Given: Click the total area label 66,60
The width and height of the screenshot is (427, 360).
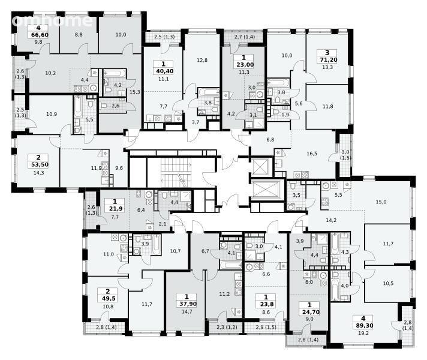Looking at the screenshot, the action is tap(40, 35).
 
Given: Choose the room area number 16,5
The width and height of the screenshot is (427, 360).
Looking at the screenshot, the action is tap(312, 154).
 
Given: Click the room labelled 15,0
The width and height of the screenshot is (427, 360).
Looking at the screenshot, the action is tap(381, 202).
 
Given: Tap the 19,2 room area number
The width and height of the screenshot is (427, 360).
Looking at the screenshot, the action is tap(363, 333).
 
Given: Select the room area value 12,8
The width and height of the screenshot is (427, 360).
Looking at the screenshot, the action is tap(202, 60).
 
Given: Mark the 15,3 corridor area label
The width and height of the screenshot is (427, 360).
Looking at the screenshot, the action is tap(135, 92).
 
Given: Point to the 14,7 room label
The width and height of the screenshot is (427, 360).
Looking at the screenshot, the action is tap(187, 311).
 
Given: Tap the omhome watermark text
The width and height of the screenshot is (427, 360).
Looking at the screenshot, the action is tap(52, 20).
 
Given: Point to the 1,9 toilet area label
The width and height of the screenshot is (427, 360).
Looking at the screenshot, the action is tap(285, 115).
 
